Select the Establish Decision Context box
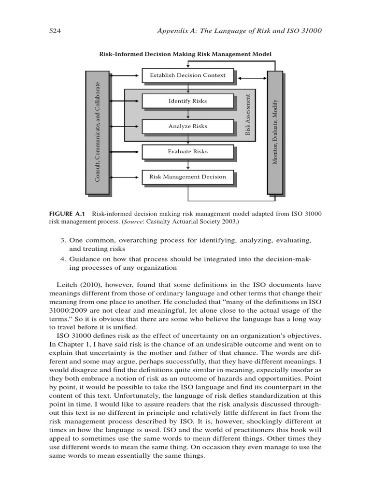187,75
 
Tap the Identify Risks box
187,101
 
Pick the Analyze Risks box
187,126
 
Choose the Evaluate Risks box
187,151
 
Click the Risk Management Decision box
187,177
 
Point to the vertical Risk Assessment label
248,114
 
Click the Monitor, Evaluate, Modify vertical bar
275,131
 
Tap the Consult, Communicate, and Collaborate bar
97,132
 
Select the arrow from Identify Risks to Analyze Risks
188,114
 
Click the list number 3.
62,240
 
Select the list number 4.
62,259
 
